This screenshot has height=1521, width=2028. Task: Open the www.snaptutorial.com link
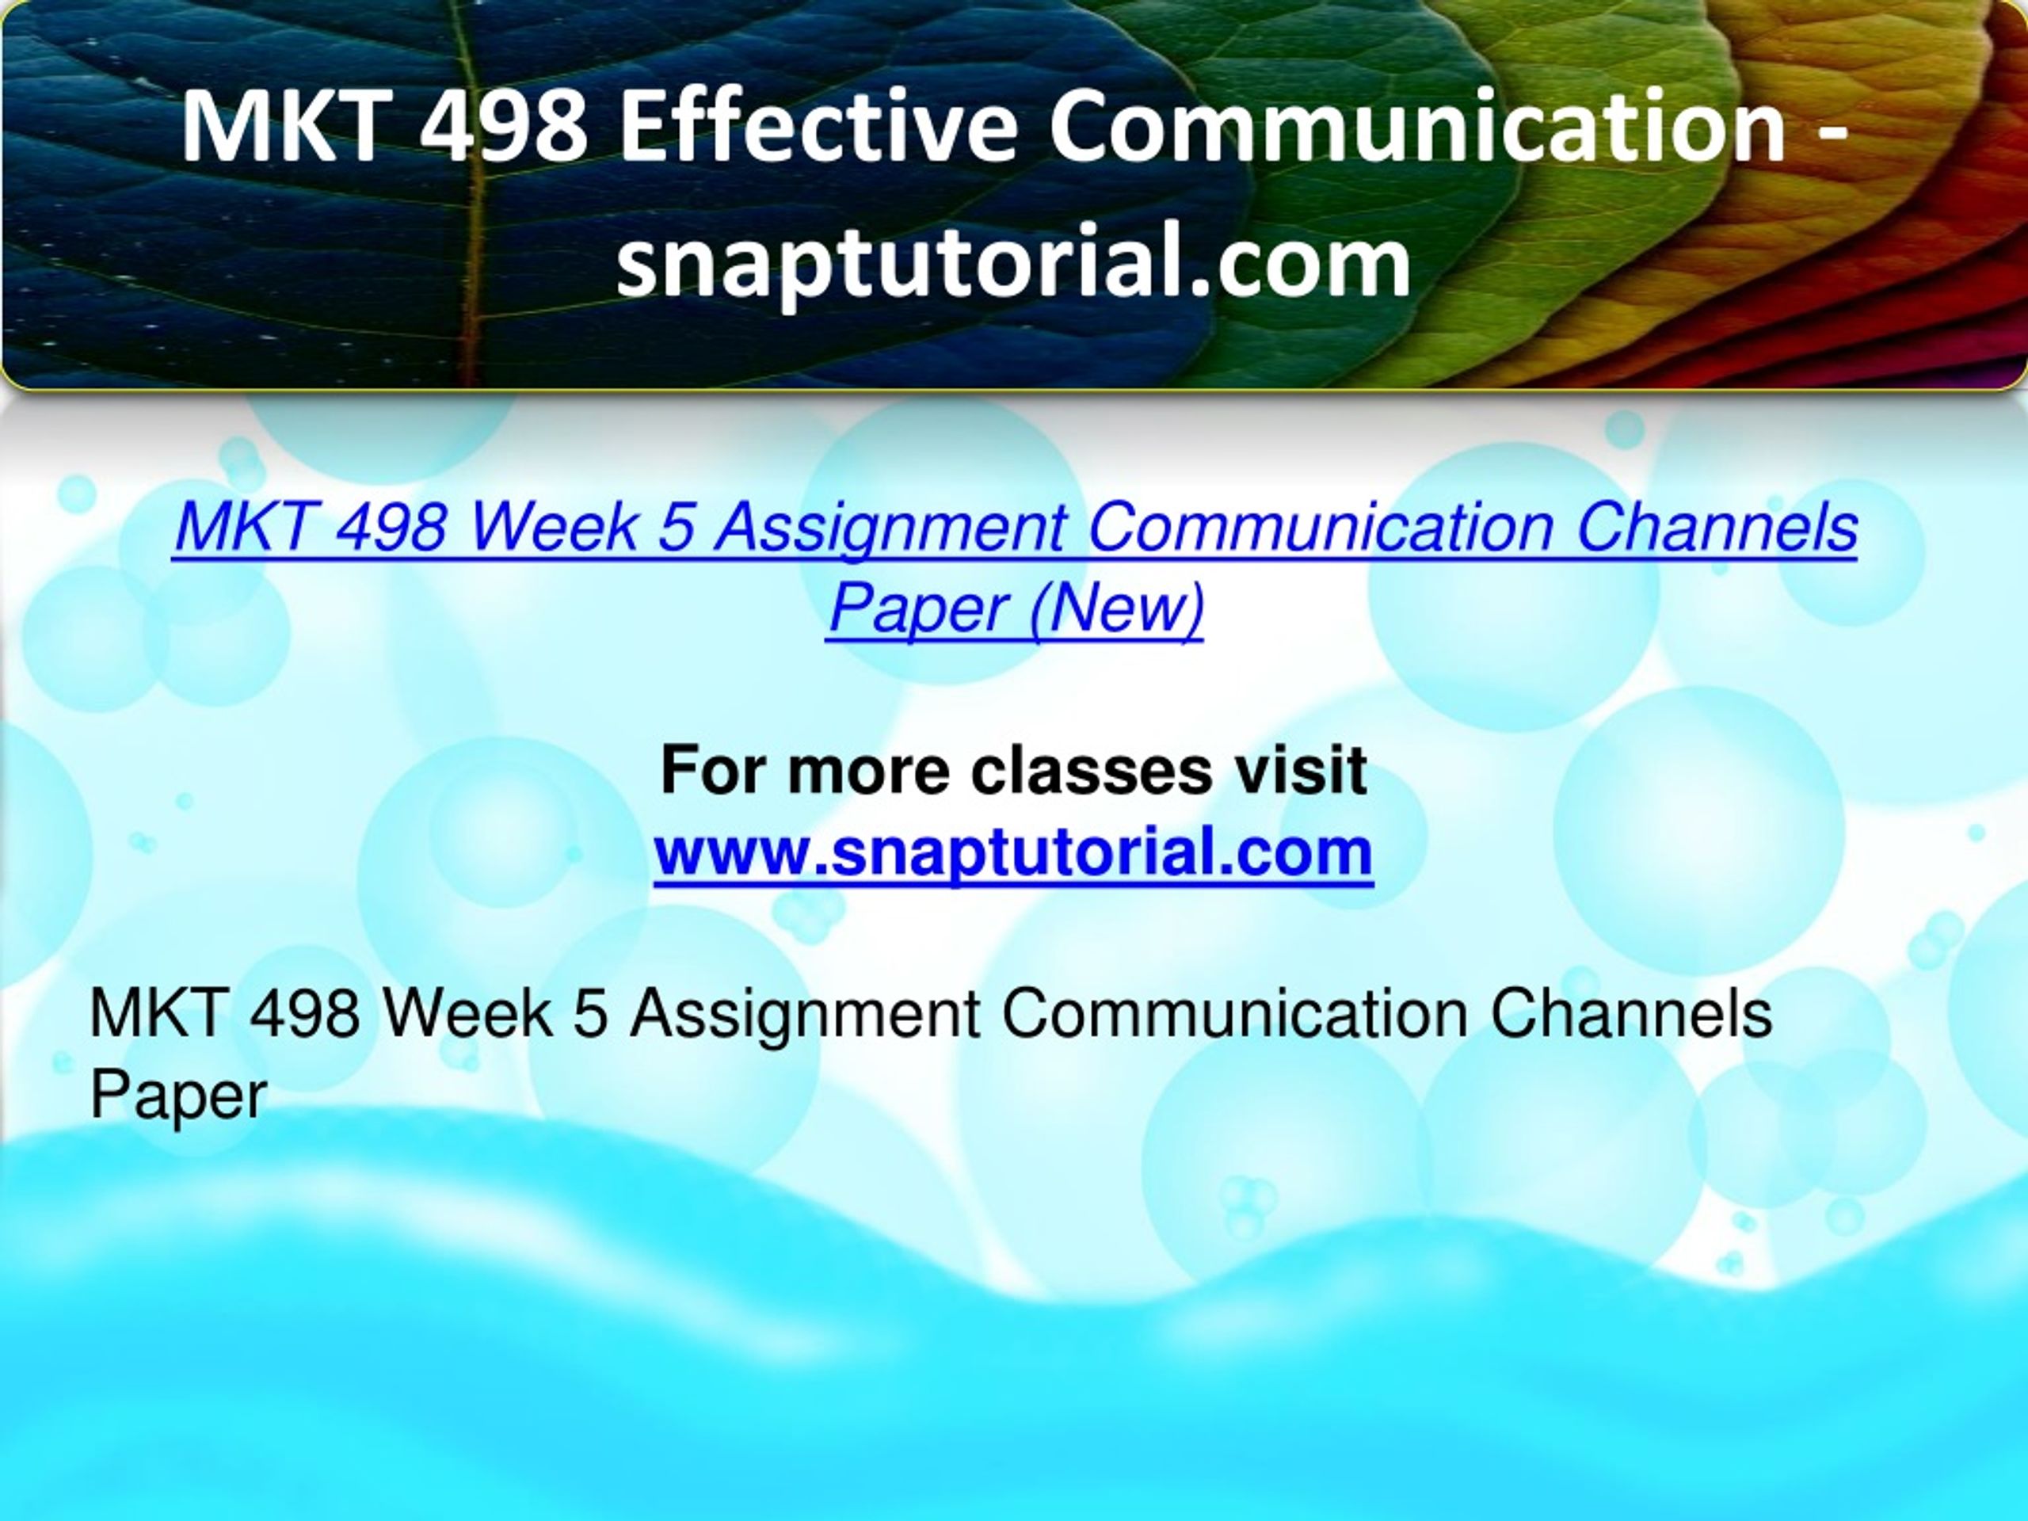tap(1013, 852)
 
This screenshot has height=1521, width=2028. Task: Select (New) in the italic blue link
tap(1115, 607)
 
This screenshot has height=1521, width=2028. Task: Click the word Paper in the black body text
tap(179, 1096)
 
